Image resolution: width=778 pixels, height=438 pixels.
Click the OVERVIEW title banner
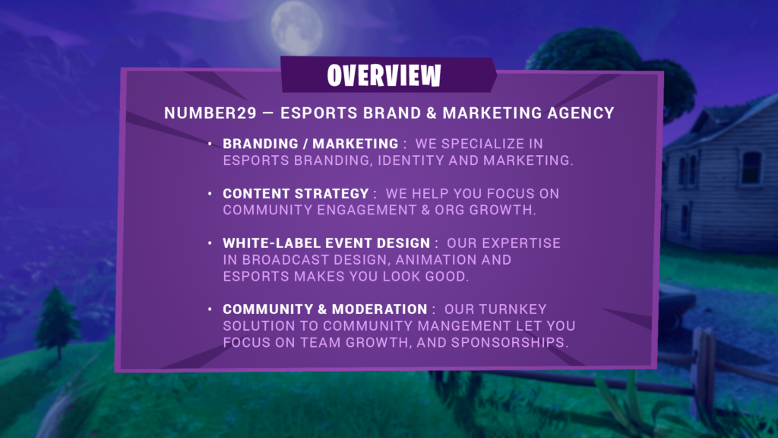click(388, 75)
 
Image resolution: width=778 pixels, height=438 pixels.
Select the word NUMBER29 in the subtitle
click(210, 113)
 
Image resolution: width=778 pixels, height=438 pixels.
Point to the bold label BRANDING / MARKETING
click(311, 144)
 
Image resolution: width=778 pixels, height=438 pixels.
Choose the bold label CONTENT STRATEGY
click(296, 194)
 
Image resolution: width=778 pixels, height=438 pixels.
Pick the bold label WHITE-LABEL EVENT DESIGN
click(327, 243)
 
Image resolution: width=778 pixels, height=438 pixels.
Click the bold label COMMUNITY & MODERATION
click(325, 309)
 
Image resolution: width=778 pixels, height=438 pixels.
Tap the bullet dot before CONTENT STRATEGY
click(210, 193)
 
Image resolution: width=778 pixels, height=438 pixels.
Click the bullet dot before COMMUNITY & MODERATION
click(210, 309)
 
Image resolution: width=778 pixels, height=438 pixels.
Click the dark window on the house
click(751, 167)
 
